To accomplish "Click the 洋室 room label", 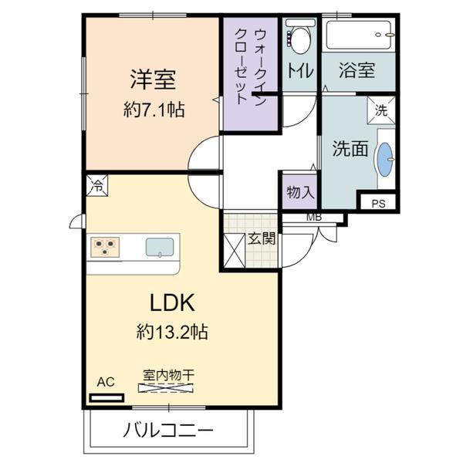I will point(153,79).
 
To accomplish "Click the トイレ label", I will point(300,70).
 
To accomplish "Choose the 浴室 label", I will point(357,70).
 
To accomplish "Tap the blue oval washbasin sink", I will point(385,159).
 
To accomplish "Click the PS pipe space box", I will point(378,204).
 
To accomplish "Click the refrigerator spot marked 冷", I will point(97,184).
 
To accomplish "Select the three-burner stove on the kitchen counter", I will point(106,247).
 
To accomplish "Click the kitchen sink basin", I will point(161,247).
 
